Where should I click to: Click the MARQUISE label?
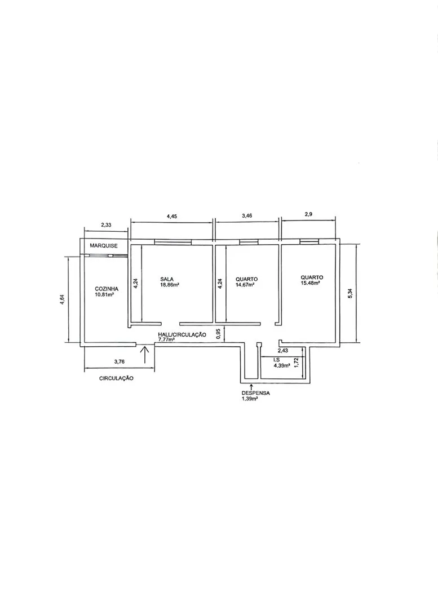[x=104, y=246]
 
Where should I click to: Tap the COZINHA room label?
[x=107, y=289]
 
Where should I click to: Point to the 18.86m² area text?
[x=169, y=284]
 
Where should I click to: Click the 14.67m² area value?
[x=245, y=285]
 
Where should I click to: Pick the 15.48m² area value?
[x=310, y=283]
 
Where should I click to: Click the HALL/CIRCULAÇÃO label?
[x=182, y=334]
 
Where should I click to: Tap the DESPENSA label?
[x=255, y=393]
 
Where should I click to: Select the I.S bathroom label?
[x=276, y=360]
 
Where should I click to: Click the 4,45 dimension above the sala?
[x=171, y=217]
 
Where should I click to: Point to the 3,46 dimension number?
[x=247, y=216]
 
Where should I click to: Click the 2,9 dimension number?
[x=308, y=214]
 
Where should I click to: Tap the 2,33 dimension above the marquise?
[x=106, y=225]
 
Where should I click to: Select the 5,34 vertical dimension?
[x=350, y=293]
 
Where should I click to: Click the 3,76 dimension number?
[x=119, y=361]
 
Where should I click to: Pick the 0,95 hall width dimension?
[x=218, y=334]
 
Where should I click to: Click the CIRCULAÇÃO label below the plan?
[x=117, y=378]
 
